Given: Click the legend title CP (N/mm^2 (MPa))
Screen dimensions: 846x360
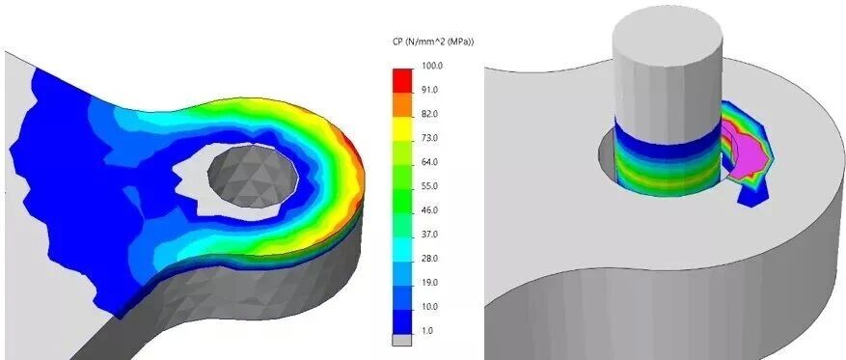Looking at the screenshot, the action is click(433, 42).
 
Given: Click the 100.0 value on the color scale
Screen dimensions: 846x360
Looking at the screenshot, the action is click(431, 66).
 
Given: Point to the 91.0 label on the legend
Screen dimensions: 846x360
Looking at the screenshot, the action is click(430, 90).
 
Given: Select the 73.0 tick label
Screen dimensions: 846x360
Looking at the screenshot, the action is click(430, 138).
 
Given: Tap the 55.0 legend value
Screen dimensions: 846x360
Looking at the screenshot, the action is click(430, 186).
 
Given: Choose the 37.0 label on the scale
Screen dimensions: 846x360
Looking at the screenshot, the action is click(430, 235).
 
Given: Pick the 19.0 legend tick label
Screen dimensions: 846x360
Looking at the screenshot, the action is click(430, 283).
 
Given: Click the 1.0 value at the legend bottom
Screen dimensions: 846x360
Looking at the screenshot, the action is click(428, 331).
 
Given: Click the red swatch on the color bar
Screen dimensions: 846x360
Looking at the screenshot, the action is click(402, 80).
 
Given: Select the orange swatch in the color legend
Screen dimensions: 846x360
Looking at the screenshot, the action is click(402, 104).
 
